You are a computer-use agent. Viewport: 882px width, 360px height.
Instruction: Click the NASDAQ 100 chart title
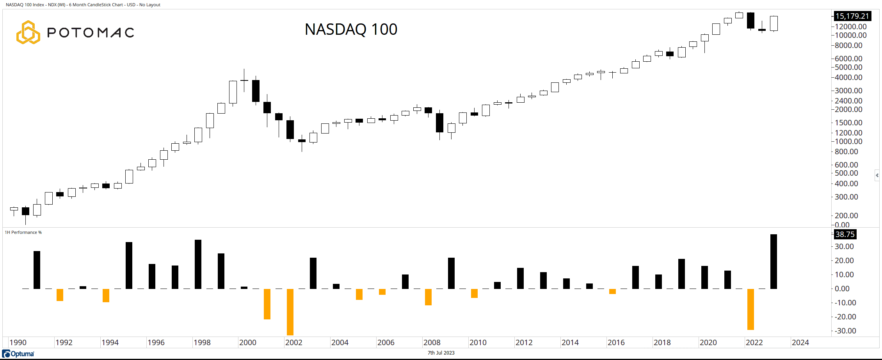pyautogui.click(x=351, y=30)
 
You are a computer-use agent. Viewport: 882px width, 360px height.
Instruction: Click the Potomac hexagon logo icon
pyautogui.click(x=28, y=32)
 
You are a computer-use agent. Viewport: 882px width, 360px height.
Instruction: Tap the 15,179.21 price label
pyautogui.click(x=852, y=16)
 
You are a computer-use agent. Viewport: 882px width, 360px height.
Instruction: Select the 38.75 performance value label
pyautogui.click(x=845, y=234)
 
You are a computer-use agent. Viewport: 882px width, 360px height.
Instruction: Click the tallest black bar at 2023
pyautogui.click(x=774, y=262)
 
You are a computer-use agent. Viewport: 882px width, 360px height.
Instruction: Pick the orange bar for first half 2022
pyautogui.click(x=750, y=309)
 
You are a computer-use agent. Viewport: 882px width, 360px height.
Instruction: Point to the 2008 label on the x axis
pyautogui.click(x=432, y=342)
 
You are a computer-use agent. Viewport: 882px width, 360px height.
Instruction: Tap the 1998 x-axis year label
pyautogui.click(x=202, y=342)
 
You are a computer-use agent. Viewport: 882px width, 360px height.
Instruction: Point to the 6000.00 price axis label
pyautogui.click(x=848, y=59)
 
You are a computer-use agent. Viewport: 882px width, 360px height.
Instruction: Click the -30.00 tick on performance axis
pyautogui.click(x=845, y=331)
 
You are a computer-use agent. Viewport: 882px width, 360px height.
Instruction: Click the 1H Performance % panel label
pyautogui.click(x=23, y=232)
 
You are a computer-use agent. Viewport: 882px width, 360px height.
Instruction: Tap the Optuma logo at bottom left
pyautogui.click(x=18, y=354)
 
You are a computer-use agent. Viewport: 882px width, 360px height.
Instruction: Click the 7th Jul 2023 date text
pyautogui.click(x=441, y=353)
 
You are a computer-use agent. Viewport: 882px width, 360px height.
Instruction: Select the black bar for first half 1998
pyautogui.click(x=198, y=264)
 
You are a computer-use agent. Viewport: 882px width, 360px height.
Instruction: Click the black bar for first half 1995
pyautogui.click(x=129, y=266)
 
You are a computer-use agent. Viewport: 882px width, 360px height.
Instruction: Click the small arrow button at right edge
pyautogui.click(x=877, y=175)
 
